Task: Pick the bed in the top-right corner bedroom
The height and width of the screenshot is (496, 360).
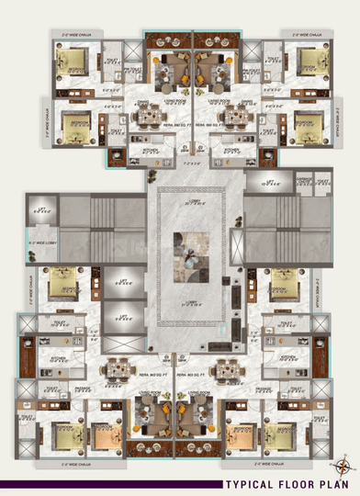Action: (x=307, y=63)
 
